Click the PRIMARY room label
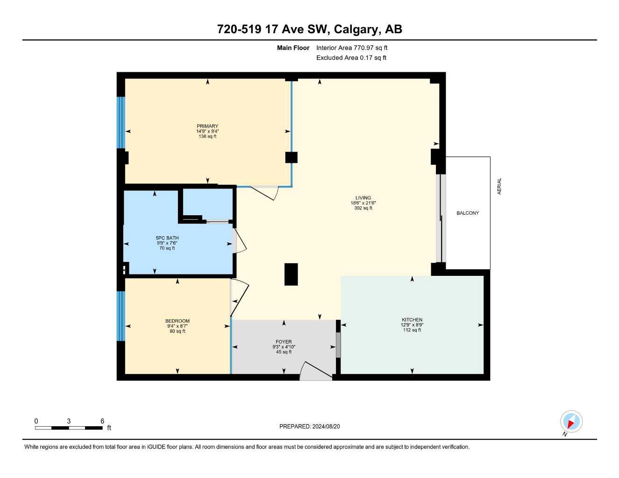point(207,126)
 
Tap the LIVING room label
point(363,198)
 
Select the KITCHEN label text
point(412,320)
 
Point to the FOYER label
point(284,342)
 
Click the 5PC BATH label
point(167,238)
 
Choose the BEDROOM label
point(178,321)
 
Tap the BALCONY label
point(468,213)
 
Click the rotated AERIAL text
point(499,186)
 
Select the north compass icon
point(571,422)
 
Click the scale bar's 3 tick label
point(69,421)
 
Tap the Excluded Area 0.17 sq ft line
point(351,58)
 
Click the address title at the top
point(309,29)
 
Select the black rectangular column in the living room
point(291,274)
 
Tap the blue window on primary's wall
point(121,122)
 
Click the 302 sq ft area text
point(363,208)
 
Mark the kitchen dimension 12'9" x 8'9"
point(412,325)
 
